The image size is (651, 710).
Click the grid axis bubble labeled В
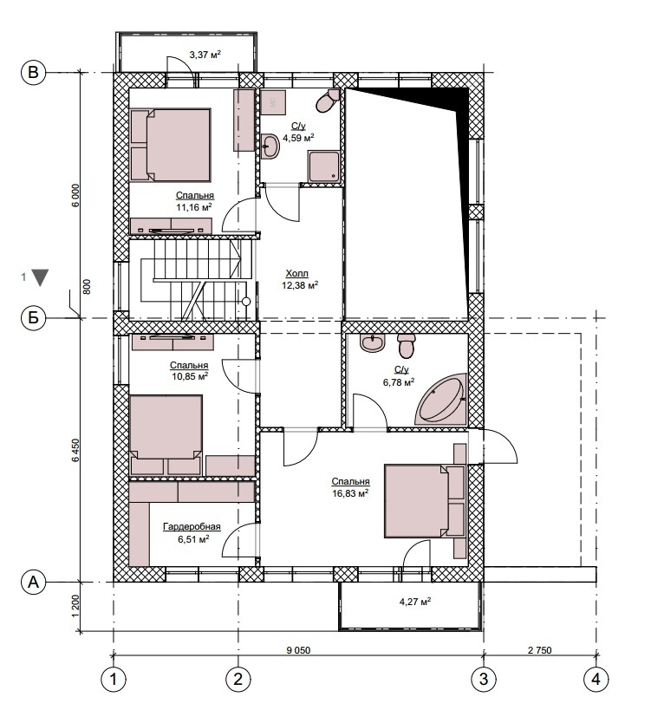pos(34,73)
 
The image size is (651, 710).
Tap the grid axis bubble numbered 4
pos(596,679)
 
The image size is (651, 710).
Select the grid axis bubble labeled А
pos(34,582)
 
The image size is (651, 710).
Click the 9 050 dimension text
pos(298,650)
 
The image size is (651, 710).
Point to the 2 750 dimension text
pos(540,650)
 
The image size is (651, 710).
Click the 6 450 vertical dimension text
pos(75,450)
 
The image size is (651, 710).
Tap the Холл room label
pos(297,273)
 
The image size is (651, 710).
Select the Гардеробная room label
pos(192,526)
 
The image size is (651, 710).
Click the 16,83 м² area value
pos(350,493)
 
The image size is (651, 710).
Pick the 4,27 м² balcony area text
pos(415,602)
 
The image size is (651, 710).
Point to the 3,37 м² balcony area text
pos(205,55)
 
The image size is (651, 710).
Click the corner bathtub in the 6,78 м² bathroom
pos(440,399)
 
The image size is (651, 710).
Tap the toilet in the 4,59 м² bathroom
pos(328,101)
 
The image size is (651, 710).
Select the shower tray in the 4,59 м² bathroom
pos(323,167)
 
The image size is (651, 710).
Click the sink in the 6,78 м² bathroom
pos(373,342)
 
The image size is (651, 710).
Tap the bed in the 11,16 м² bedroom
pos(170,145)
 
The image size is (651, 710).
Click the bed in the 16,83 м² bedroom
pos(425,501)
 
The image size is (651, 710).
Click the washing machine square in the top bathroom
pos(273,103)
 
